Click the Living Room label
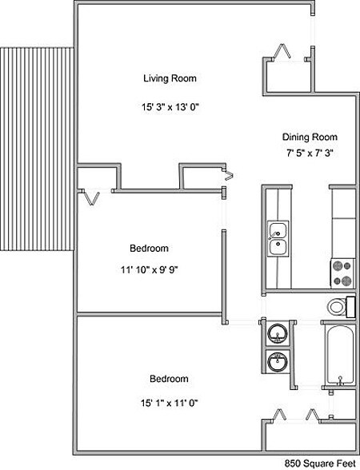pyautogui.click(x=170, y=78)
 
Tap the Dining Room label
pyautogui.click(x=310, y=137)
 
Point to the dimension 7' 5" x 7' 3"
pyautogui.click(x=309, y=153)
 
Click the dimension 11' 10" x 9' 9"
pyautogui.click(x=143, y=269)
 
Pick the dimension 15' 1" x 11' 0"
pyautogui.click(x=169, y=402)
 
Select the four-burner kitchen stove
pyautogui.click(x=343, y=273)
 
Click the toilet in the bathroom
pyautogui.click(x=338, y=306)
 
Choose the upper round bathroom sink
pyautogui.click(x=277, y=333)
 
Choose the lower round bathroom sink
pyautogui.click(x=277, y=363)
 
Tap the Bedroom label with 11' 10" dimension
pyautogui.click(x=150, y=248)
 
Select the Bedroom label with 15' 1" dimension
pyautogui.click(x=169, y=378)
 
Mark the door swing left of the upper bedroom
pyautogui.click(x=90, y=195)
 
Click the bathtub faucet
pyautogui.click(x=339, y=379)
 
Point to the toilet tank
pyautogui.click(x=351, y=306)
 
